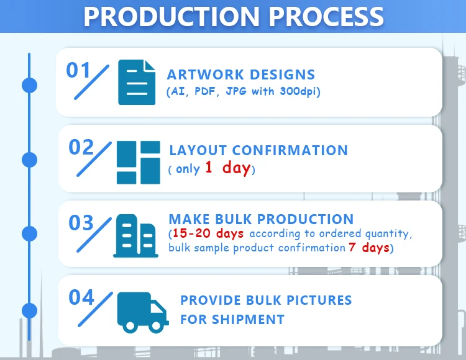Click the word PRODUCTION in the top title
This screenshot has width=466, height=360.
(171, 16)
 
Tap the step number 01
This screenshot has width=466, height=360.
(78, 70)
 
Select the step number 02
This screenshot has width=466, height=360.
(81, 147)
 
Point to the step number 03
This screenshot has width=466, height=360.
(81, 223)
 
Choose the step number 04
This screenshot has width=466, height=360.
(81, 297)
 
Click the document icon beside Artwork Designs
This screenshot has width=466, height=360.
(137, 82)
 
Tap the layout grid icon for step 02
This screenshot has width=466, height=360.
(139, 163)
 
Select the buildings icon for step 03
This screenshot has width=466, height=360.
(136, 236)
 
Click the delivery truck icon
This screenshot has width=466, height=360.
(143, 312)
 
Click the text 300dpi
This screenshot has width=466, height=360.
(299, 91)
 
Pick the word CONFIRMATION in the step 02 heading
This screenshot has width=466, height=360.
(290, 150)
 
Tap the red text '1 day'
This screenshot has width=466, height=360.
(227, 168)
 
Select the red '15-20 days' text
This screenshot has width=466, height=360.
(208, 233)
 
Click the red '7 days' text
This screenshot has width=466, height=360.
(369, 247)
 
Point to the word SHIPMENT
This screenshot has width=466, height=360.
(248, 319)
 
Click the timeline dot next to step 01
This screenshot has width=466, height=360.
(29, 86)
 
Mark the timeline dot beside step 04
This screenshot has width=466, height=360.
(29, 311)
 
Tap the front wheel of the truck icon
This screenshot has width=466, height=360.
(155, 326)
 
